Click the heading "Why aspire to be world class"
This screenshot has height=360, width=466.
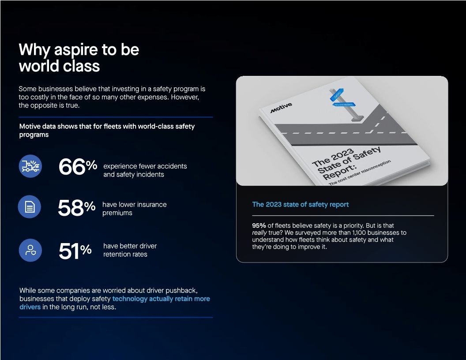click(79, 57)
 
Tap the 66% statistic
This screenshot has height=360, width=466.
click(78, 166)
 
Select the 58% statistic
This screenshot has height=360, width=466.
click(76, 208)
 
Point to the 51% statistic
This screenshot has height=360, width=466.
click(75, 251)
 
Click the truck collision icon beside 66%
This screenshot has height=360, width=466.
click(30, 166)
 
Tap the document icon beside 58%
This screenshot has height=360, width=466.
click(30, 207)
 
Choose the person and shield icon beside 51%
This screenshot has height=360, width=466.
click(30, 250)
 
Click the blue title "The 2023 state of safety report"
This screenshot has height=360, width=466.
click(300, 204)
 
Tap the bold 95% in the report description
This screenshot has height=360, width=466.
click(259, 225)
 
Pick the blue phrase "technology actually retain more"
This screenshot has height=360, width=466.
click(161, 299)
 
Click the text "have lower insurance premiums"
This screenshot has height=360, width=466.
click(134, 209)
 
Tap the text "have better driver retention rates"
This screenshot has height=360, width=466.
click(130, 250)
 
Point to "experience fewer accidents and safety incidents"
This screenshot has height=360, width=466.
click(145, 170)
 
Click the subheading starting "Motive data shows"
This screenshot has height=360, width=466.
click(107, 130)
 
